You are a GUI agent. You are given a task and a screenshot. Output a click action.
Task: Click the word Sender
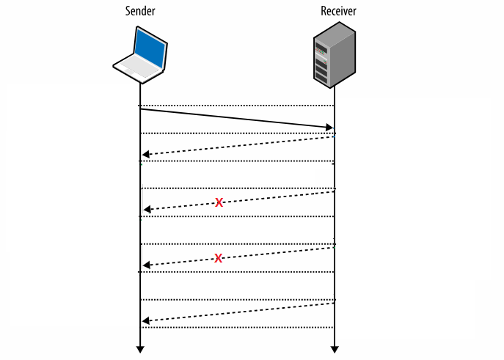coord(139,11)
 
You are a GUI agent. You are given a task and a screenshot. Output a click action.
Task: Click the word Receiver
coord(338,11)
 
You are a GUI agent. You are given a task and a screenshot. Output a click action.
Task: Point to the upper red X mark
coord(219,202)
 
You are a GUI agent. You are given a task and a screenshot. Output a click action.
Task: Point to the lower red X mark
coord(219,258)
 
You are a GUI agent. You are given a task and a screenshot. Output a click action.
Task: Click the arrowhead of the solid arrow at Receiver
coord(329,128)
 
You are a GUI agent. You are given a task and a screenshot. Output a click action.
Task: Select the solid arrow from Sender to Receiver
coord(235,118)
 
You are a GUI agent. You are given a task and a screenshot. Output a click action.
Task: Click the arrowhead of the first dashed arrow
coord(146,155)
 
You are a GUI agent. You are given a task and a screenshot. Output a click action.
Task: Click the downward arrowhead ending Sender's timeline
coord(139,349)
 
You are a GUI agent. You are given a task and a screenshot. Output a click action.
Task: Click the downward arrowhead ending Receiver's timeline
coord(335,349)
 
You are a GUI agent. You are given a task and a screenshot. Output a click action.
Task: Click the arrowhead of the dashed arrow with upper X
coord(147,210)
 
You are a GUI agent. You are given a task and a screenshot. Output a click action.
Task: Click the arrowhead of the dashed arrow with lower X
coord(147,265)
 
